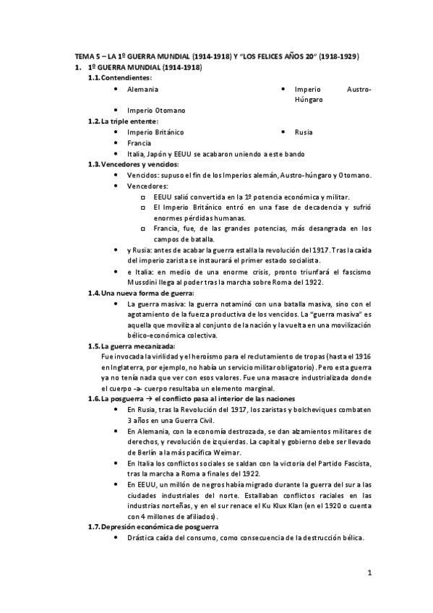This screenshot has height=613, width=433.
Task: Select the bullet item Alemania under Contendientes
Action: [x=142, y=89]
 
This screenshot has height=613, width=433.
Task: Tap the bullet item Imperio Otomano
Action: [x=155, y=110]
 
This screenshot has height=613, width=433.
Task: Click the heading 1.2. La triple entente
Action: [x=127, y=121]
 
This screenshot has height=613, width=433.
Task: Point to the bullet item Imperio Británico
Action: [x=155, y=132]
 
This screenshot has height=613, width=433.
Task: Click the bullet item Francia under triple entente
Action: [x=139, y=143]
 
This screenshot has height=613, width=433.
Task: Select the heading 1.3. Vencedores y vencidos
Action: [x=138, y=165]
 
